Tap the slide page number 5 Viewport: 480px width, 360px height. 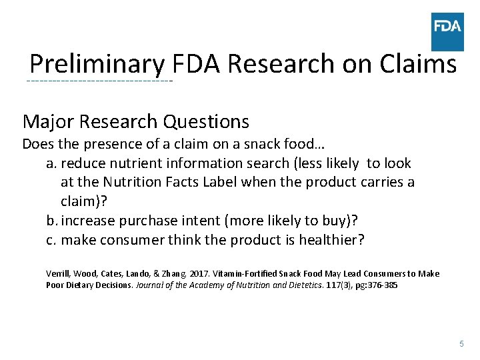461,343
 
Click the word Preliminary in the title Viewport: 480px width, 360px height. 97,65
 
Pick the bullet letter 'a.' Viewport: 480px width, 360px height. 51,163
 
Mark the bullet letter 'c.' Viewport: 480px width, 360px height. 51,240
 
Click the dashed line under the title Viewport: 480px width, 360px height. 99,81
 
